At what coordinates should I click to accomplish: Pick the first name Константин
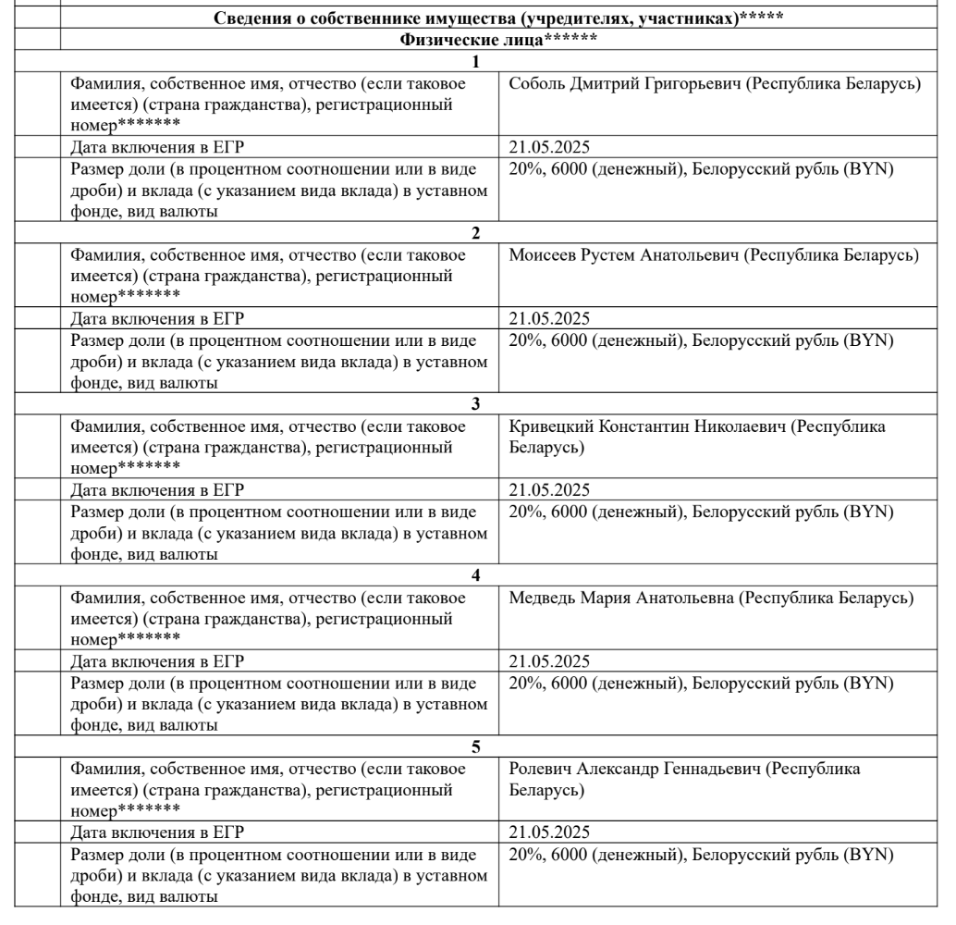click(x=649, y=427)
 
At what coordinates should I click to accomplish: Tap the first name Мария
click(x=606, y=598)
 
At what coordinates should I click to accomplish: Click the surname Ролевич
click(x=542, y=770)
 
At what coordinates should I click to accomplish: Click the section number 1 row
click(x=476, y=62)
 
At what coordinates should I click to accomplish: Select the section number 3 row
click(x=476, y=404)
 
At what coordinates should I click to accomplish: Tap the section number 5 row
click(x=476, y=746)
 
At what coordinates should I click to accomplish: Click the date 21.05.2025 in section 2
click(x=549, y=319)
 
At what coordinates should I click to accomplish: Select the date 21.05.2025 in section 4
click(x=549, y=661)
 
